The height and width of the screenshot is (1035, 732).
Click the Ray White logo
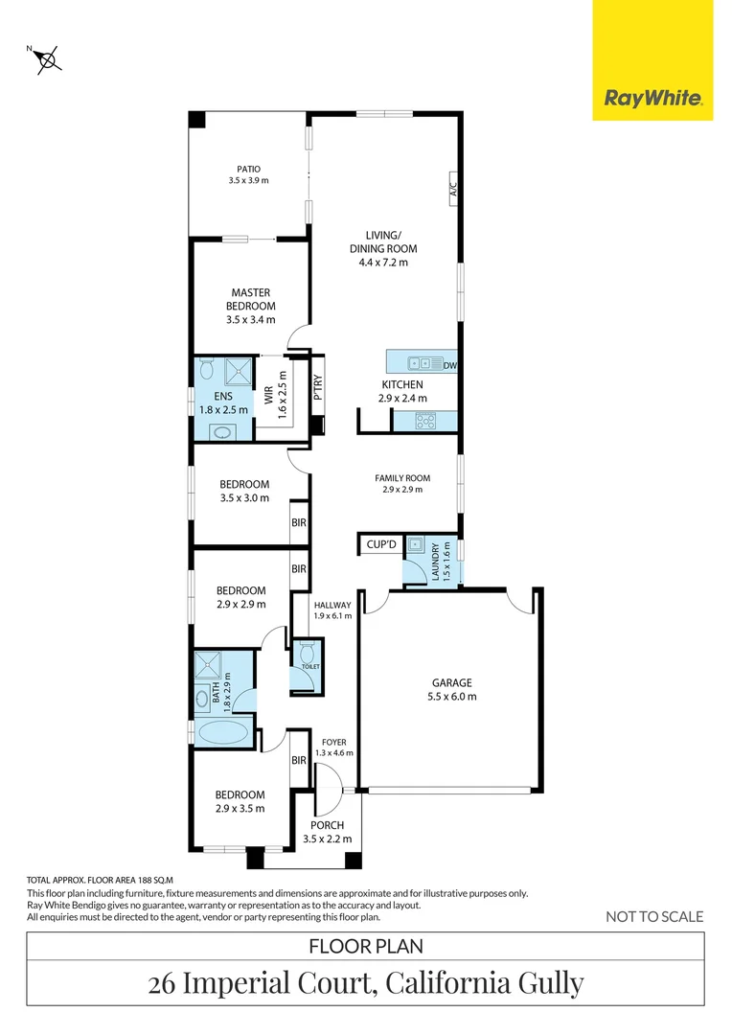(652, 98)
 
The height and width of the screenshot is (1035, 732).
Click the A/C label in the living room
(453, 188)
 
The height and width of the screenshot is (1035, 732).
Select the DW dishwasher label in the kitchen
(449, 364)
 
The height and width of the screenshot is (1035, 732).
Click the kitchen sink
(420, 363)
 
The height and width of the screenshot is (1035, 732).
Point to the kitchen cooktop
(424, 420)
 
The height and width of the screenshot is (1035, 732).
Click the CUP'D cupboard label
(380, 544)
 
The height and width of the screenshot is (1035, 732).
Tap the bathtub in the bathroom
(224, 734)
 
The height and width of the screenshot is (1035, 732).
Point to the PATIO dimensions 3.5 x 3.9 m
(249, 181)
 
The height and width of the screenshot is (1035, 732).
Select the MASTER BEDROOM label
(250, 299)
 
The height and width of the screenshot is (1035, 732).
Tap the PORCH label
(327, 825)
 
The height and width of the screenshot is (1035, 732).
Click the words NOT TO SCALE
(654, 916)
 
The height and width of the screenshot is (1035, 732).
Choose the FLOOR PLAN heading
(365, 947)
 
